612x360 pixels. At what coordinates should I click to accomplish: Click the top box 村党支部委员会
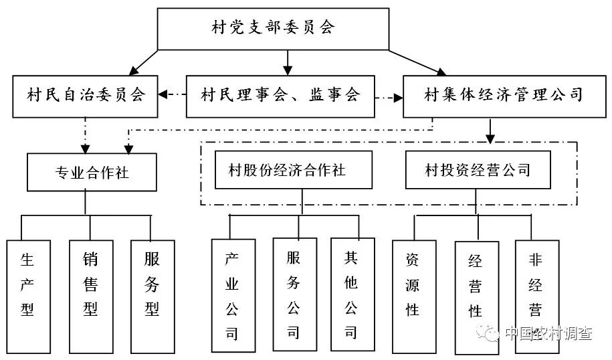pyautogui.click(x=273, y=29)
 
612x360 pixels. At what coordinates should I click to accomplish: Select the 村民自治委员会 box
pyautogui.click(x=86, y=95)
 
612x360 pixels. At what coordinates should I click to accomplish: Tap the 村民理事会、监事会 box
pyautogui.click(x=280, y=95)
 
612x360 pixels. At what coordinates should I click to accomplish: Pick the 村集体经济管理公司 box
pyautogui.click(x=503, y=95)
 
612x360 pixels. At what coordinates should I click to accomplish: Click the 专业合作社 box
pyautogui.click(x=92, y=173)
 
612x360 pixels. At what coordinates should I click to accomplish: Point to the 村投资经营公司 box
pyautogui.click(x=478, y=170)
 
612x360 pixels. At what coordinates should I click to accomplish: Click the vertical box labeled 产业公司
pyautogui.click(x=233, y=295)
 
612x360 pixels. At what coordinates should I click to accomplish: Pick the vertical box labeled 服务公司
pyautogui.click(x=294, y=294)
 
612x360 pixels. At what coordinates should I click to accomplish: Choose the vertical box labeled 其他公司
pyautogui.click(x=352, y=294)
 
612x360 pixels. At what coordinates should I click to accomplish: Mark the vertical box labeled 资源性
pyautogui.click(x=413, y=295)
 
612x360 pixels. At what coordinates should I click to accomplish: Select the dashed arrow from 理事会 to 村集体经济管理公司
pyautogui.click(x=388, y=98)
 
